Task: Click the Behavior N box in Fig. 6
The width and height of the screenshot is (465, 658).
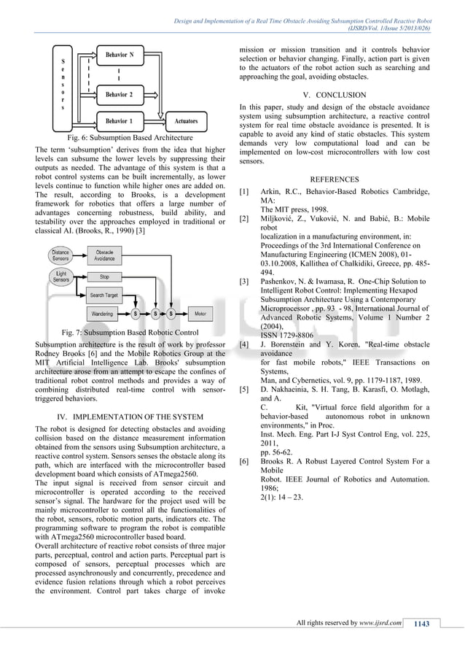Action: (x=120, y=55)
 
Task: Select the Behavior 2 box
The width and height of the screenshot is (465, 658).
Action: (x=120, y=94)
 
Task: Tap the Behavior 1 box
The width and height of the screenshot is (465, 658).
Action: (x=120, y=120)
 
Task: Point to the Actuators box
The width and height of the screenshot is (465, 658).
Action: (x=187, y=120)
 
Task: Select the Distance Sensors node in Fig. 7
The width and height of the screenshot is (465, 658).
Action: (x=60, y=254)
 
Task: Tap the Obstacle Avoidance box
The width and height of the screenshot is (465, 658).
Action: (x=105, y=254)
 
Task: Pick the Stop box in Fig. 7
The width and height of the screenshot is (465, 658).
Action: (x=105, y=276)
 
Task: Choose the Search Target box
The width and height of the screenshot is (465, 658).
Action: (x=105, y=295)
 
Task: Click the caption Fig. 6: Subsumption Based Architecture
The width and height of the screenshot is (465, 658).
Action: (x=129, y=137)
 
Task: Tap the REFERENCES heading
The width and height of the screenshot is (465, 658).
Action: (x=334, y=179)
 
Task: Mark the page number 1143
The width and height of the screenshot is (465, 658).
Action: (x=421, y=622)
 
